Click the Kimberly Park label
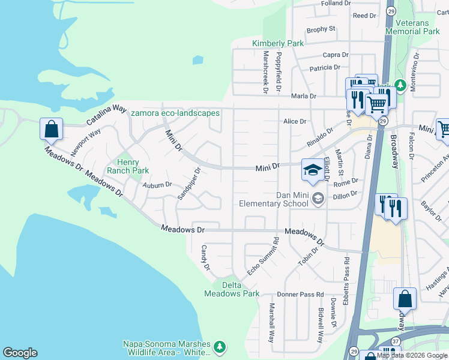(x=278, y=43)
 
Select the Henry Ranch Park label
(x=128, y=166)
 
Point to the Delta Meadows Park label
(x=232, y=289)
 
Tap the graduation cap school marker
(x=312, y=170)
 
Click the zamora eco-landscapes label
(x=175, y=113)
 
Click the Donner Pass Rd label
(x=300, y=295)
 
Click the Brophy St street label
(x=321, y=29)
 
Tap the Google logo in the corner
(x=20, y=353)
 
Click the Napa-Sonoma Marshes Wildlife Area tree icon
(x=220, y=347)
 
